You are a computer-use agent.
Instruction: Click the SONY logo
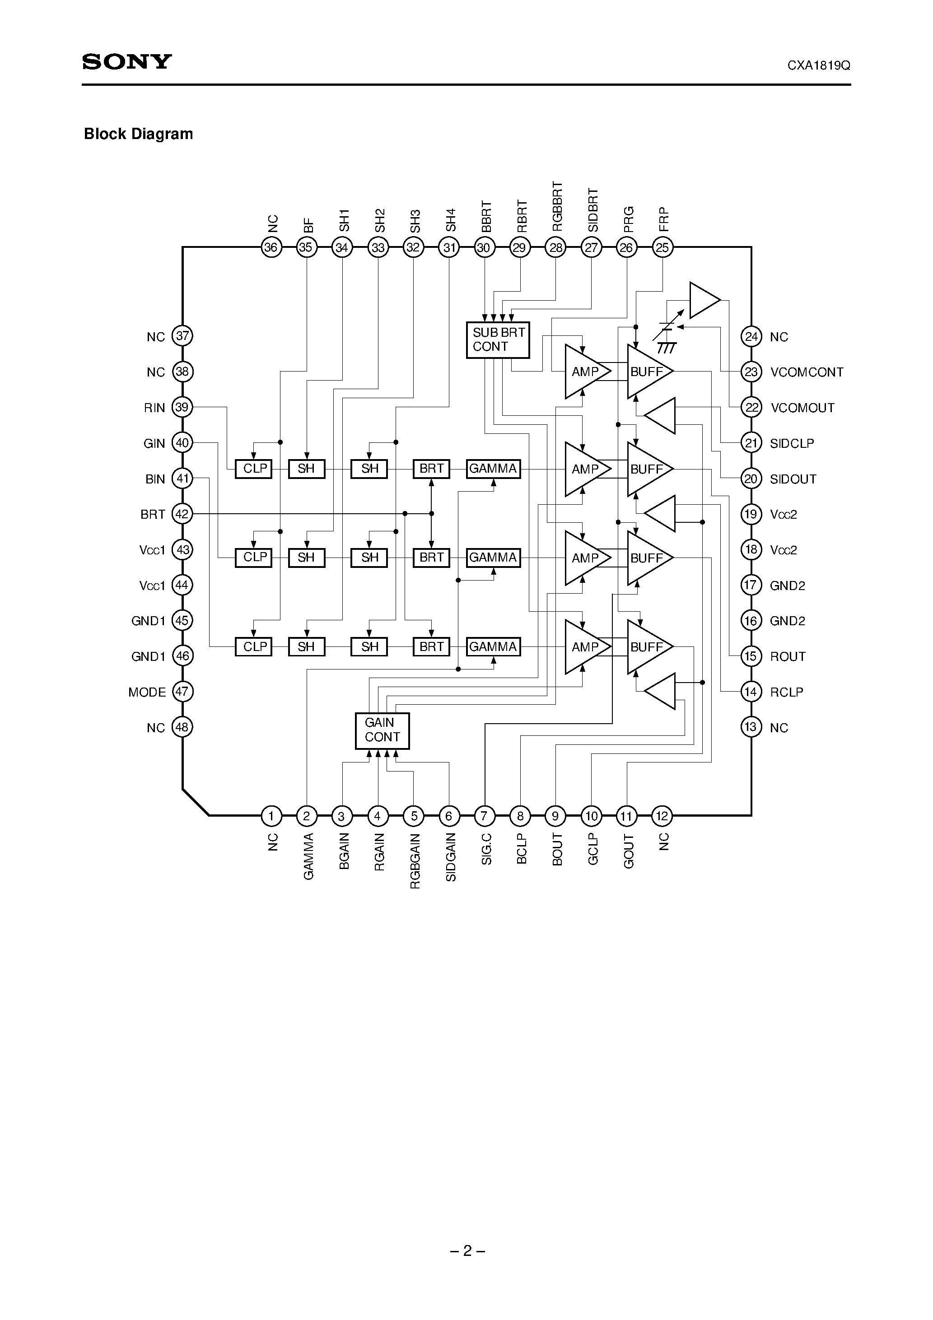[127, 61]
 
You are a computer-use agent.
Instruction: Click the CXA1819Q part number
[819, 65]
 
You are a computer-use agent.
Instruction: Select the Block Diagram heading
[139, 134]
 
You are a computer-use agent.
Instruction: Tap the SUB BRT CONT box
[498, 340]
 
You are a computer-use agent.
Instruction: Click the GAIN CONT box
[382, 730]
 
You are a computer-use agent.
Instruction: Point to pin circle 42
[182, 513]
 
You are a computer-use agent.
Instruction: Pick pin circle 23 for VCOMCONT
[751, 372]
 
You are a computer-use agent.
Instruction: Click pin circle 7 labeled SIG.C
[484, 815]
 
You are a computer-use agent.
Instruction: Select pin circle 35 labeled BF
[306, 248]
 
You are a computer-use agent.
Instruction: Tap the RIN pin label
[154, 408]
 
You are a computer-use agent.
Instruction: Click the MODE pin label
[147, 692]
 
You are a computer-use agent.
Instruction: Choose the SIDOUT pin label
[793, 479]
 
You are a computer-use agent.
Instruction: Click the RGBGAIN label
[415, 860]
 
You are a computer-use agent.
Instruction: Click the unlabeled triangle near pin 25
[703, 300]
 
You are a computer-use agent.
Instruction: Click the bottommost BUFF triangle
[647, 647]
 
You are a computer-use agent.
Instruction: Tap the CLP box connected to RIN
[254, 469]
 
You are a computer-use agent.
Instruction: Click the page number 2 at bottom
[467, 1250]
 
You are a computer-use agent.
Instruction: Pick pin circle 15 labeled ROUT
[751, 656]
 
